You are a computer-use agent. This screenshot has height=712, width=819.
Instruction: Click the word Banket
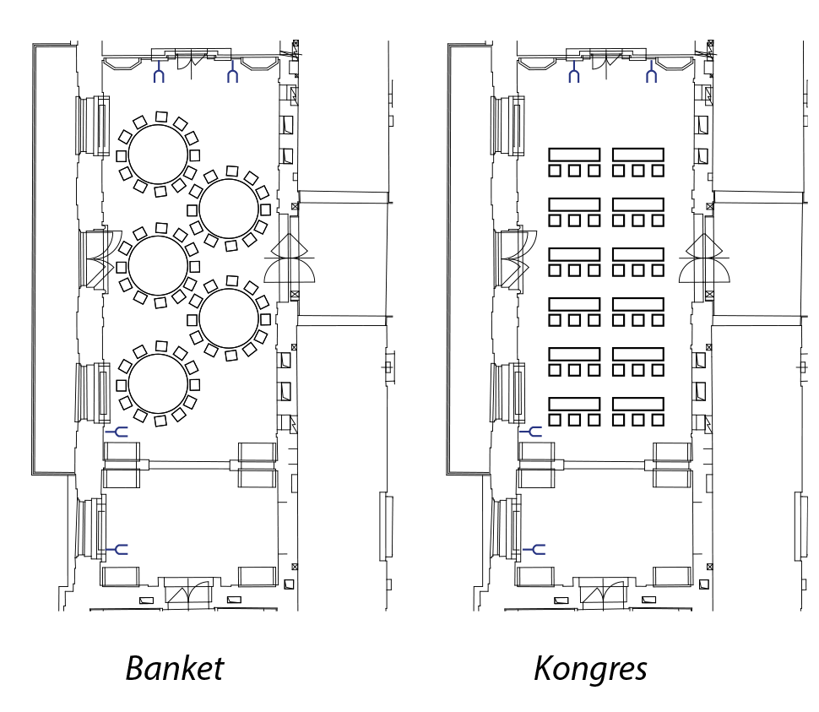tap(174, 668)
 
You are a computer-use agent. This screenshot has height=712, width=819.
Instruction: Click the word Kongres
tap(590, 668)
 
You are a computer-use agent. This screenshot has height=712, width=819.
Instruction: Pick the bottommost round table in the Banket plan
tap(158, 383)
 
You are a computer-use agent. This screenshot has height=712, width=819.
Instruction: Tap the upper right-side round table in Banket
tap(229, 209)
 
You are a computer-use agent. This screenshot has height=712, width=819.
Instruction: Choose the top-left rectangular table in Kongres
tap(574, 155)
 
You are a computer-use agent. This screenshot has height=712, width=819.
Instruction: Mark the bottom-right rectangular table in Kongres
tap(638, 404)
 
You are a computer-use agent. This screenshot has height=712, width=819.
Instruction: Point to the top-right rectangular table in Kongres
tap(638, 155)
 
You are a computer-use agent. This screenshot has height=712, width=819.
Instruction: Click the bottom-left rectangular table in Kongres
tap(574, 404)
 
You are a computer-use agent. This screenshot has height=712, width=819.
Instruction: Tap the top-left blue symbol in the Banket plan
tap(158, 76)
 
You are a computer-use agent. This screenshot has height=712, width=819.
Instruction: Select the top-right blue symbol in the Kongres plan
tap(651, 76)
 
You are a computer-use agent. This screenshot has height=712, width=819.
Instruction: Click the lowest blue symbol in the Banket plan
tap(120, 549)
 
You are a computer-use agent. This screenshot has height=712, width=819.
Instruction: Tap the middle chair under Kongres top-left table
tap(574, 171)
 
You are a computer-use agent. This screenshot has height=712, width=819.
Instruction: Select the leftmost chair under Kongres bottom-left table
tap(555, 420)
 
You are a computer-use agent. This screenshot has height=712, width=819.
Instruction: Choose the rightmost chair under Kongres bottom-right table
tap(658, 420)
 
